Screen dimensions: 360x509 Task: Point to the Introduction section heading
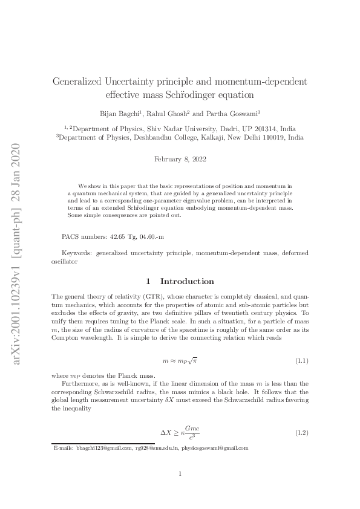pyautogui.click(x=186, y=282)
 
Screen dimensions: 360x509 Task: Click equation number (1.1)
pyautogui.click(x=302, y=361)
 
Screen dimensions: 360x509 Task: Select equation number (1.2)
pyautogui.click(x=302, y=434)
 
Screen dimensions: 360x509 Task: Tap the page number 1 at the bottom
pyautogui.click(x=180, y=474)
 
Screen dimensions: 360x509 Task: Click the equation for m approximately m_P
pyautogui.click(x=180, y=361)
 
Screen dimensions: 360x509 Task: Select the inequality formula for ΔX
pyautogui.click(x=180, y=433)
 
